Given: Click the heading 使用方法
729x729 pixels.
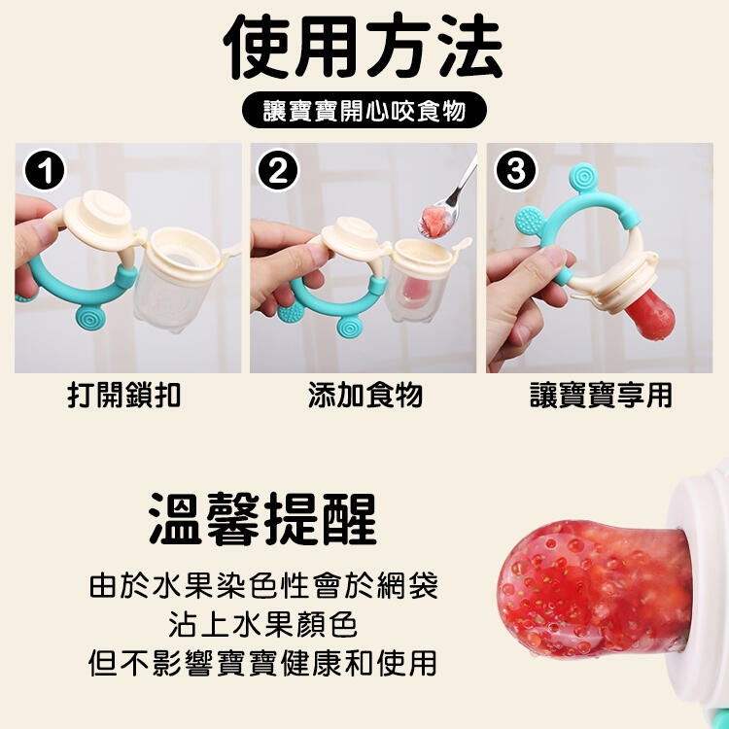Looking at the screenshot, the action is pyautogui.click(x=364, y=46).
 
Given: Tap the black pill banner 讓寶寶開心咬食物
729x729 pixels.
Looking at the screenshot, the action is pyautogui.click(x=364, y=110).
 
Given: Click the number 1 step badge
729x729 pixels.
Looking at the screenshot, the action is pyautogui.click(x=45, y=170).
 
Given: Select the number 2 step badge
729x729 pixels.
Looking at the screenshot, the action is pyautogui.click(x=278, y=170).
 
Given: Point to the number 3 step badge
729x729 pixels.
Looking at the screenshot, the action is pyautogui.click(x=516, y=170).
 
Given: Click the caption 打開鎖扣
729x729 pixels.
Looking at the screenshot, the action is pyautogui.click(x=123, y=396).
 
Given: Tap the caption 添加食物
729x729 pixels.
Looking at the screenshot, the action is pyautogui.click(x=364, y=396).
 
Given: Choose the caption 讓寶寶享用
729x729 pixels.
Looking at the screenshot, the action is pyautogui.click(x=601, y=396).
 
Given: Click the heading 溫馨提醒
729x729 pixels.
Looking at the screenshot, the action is pyautogui.click(x=263, y=519).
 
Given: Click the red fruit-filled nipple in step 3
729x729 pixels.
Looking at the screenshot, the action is pyautogui.click(x=650, y=315).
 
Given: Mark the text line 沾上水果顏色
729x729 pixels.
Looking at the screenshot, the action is pyautogui.click(x=263, y=624).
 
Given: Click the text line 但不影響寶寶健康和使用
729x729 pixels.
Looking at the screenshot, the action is pyautogui.click(x=263, y=663).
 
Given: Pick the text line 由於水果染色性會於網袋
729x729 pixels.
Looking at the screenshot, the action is pyautogui.click(x=263, y=585).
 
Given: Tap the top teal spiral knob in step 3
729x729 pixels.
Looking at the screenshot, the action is pyautogui.click(x=583, y=177).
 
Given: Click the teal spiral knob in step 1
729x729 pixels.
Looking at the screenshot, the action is pyautogui.click(x=90, y=317).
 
